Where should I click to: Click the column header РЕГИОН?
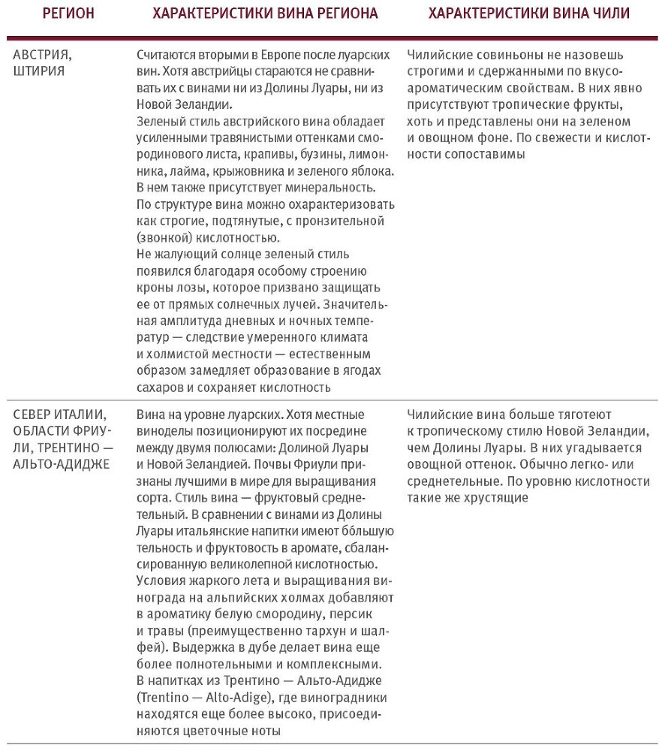point(68,14)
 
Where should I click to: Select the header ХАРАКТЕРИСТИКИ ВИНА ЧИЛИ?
point(529,14)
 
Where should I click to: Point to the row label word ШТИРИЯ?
point(39,71)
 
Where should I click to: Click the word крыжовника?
point(238,170)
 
